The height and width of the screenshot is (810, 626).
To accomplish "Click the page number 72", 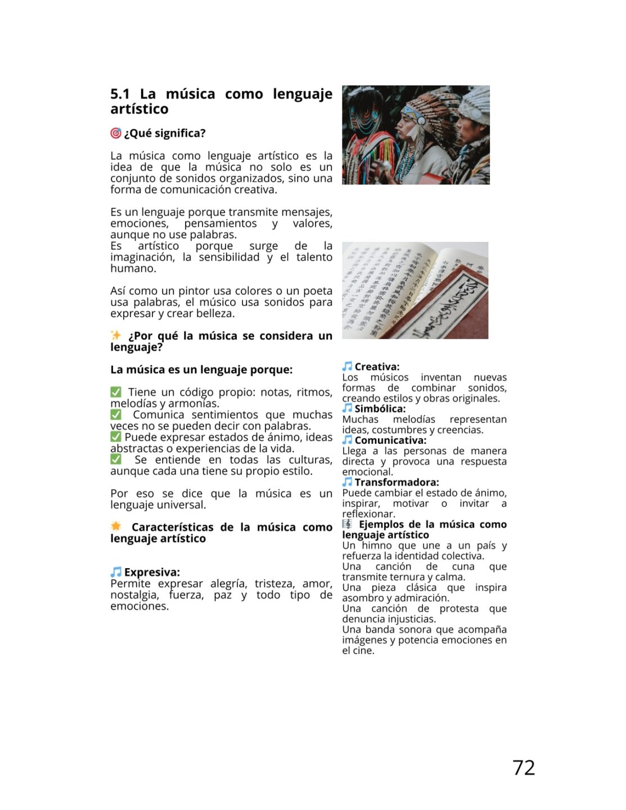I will (523, 767).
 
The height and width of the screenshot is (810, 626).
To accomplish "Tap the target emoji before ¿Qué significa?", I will (116, 133).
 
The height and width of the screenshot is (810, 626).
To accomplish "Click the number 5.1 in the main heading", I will (120, 94).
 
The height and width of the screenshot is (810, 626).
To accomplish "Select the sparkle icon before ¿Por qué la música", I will (116, 335).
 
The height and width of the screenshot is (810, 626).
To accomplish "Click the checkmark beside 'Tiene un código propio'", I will (116, 392).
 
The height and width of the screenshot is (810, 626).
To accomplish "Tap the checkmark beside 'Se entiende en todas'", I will (116, 460).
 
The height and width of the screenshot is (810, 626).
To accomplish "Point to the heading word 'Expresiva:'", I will (152, 572).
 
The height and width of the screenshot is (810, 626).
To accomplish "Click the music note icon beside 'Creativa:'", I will (348, 367).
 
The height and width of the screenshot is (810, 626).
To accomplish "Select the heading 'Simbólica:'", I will (380, 409).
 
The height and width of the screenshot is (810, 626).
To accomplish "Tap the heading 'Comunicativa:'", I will (390, 440).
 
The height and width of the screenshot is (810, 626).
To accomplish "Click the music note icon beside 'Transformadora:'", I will (348, 482).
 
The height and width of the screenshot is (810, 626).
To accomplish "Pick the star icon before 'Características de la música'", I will (116, 526).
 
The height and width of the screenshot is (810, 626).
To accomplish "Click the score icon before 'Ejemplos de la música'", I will (348, 524).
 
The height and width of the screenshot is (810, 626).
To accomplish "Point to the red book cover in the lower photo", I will (444, 304).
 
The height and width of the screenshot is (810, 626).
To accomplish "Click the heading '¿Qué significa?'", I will (165, 133).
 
